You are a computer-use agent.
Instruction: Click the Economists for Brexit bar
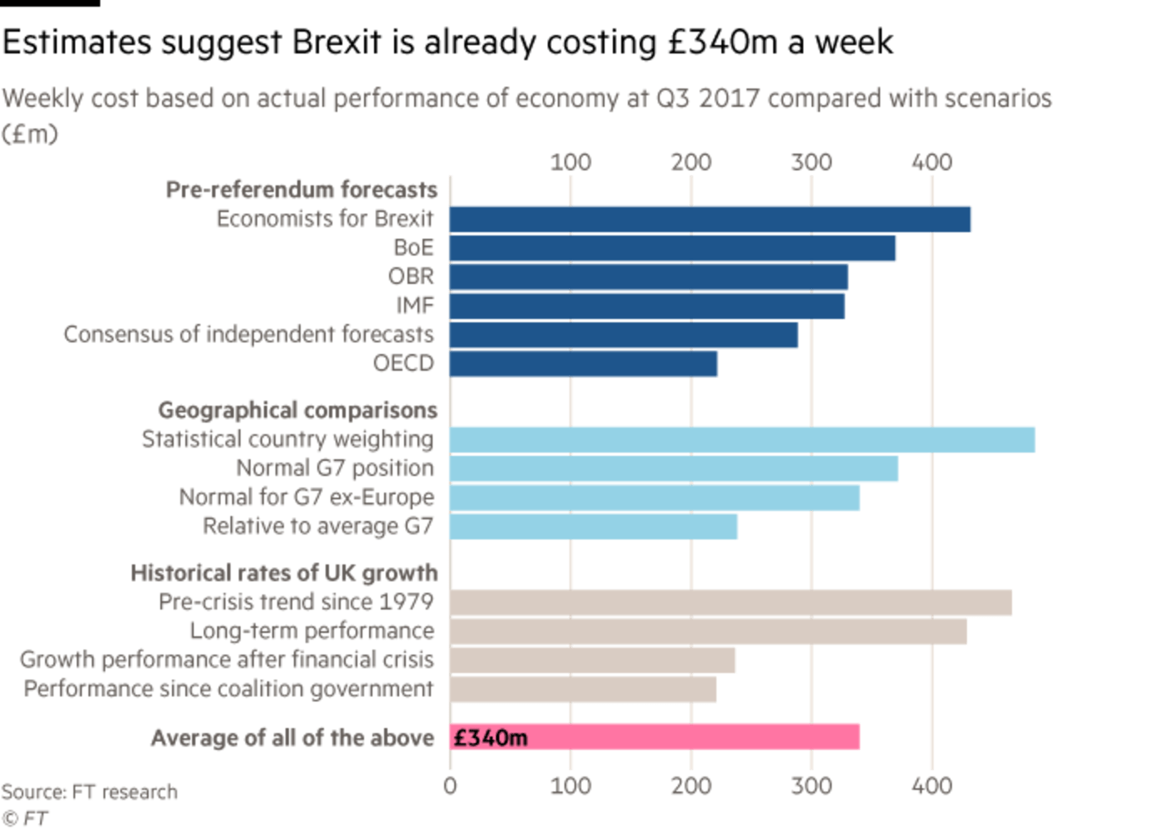710,220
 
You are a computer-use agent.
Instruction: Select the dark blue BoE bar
672,249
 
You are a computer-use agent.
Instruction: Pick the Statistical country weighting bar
741,439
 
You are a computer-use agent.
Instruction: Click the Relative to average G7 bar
593,526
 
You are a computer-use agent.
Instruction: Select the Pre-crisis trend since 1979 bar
730,603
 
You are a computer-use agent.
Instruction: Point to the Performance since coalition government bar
582,690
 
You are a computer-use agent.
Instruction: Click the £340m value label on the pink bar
491,738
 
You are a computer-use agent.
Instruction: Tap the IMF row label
416,306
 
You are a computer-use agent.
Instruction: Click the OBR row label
412,276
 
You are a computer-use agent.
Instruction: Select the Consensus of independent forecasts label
249,335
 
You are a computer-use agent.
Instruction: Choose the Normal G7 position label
336,468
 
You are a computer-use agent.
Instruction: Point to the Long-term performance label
311,631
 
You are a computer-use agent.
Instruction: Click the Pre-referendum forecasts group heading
301,190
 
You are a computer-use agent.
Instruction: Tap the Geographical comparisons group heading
297,411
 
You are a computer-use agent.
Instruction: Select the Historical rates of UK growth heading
284,574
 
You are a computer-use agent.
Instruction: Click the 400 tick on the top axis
932,161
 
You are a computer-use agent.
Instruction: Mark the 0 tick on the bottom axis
450,786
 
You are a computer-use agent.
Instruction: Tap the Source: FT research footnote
89,792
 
